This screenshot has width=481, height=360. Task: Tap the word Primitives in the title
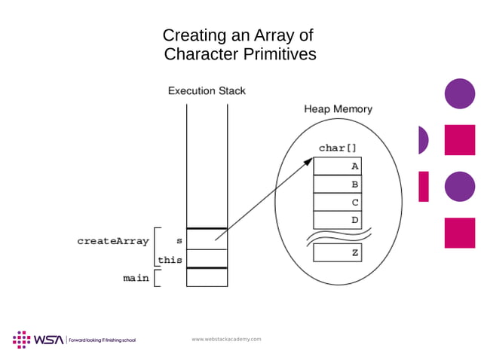[x=280, y=54]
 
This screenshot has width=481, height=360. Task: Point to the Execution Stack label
[x=207, y=91]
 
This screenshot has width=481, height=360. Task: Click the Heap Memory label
[x=338, y=109]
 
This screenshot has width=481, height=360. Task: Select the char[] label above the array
[x=337, y=148]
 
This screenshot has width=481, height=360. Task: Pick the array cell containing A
[x=338, y=166]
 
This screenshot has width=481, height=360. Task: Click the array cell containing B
[x=338, y=185]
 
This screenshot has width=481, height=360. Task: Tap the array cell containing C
[x=338, y=203]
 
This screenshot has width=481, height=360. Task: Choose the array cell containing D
[x=338, y=221]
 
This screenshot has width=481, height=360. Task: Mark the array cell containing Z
[x=338, y=253]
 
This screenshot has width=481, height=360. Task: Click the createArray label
[x=112, y=242]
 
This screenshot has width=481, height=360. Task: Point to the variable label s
[x=179, y=241]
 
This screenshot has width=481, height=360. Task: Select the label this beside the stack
[x=170, y=261]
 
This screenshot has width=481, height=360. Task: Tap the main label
[x=135, y=278]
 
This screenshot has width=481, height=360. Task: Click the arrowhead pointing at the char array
[x=308, y=161]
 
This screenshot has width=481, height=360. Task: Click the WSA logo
[x=38, y=340]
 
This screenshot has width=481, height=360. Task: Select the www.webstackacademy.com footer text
[x=226, y=340]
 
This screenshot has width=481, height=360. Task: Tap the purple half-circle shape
[x=423, y=140]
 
